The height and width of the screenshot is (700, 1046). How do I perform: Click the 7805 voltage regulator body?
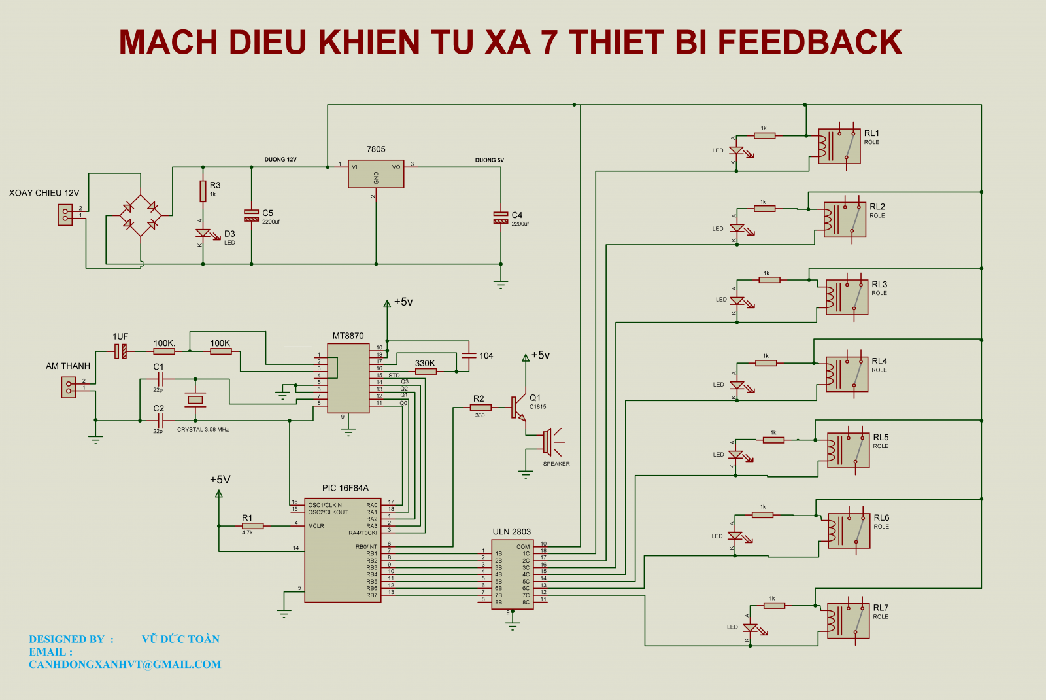376,174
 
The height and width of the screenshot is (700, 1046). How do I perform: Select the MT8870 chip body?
348,378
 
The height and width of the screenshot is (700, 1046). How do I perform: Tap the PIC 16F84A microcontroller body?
343,550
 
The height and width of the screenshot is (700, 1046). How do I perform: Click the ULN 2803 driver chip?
513,574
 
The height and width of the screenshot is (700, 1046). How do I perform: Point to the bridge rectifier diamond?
141,215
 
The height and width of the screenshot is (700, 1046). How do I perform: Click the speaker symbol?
550,442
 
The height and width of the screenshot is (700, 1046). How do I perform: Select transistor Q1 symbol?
518,407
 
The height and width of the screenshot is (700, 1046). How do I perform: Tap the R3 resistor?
203,192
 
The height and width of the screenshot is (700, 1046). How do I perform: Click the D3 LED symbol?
203,234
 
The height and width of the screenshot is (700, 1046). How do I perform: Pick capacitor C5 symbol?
252,215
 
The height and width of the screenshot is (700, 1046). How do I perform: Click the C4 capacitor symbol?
501,217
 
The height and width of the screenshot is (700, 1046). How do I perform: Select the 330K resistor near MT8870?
426,372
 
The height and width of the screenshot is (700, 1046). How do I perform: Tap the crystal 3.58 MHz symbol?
195,400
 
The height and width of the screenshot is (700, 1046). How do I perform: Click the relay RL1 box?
839,146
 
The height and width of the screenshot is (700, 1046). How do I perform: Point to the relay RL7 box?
849,620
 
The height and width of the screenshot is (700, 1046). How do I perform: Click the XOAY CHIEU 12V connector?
65,215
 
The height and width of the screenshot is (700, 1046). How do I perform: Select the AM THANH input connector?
69,387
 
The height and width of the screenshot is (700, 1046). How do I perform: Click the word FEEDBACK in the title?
809,43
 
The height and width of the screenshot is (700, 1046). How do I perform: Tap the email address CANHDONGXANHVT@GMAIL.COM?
125,665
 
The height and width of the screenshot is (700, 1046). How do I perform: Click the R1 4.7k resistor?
252,526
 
